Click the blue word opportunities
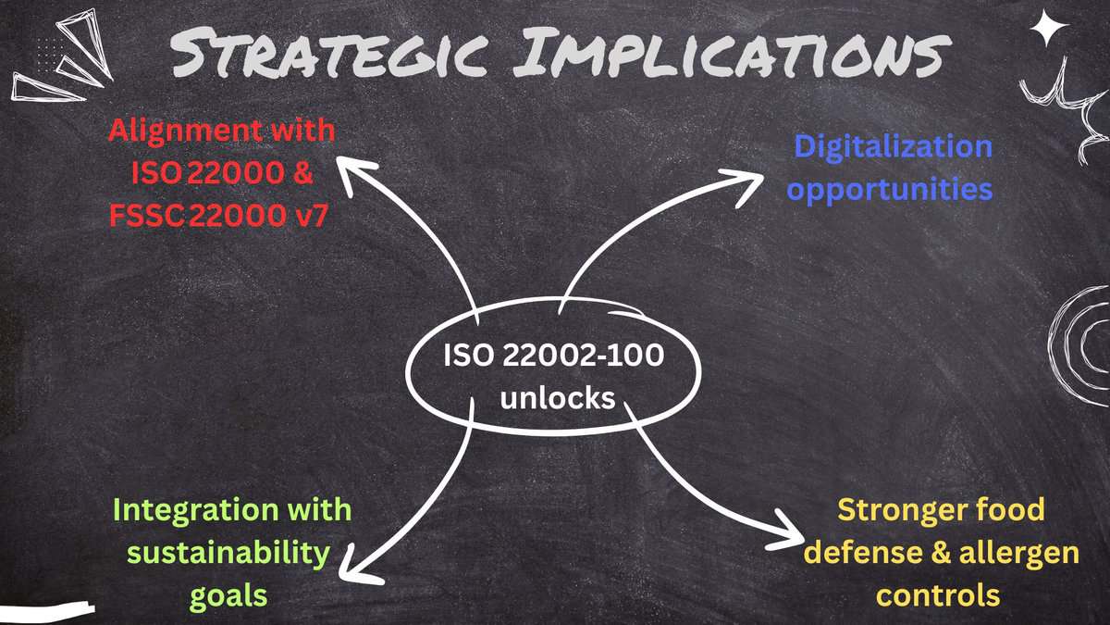tap(894, 189)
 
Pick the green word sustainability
tap(228, 553)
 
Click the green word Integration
tap(181, 509)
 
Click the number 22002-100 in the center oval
tap(582, 356)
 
